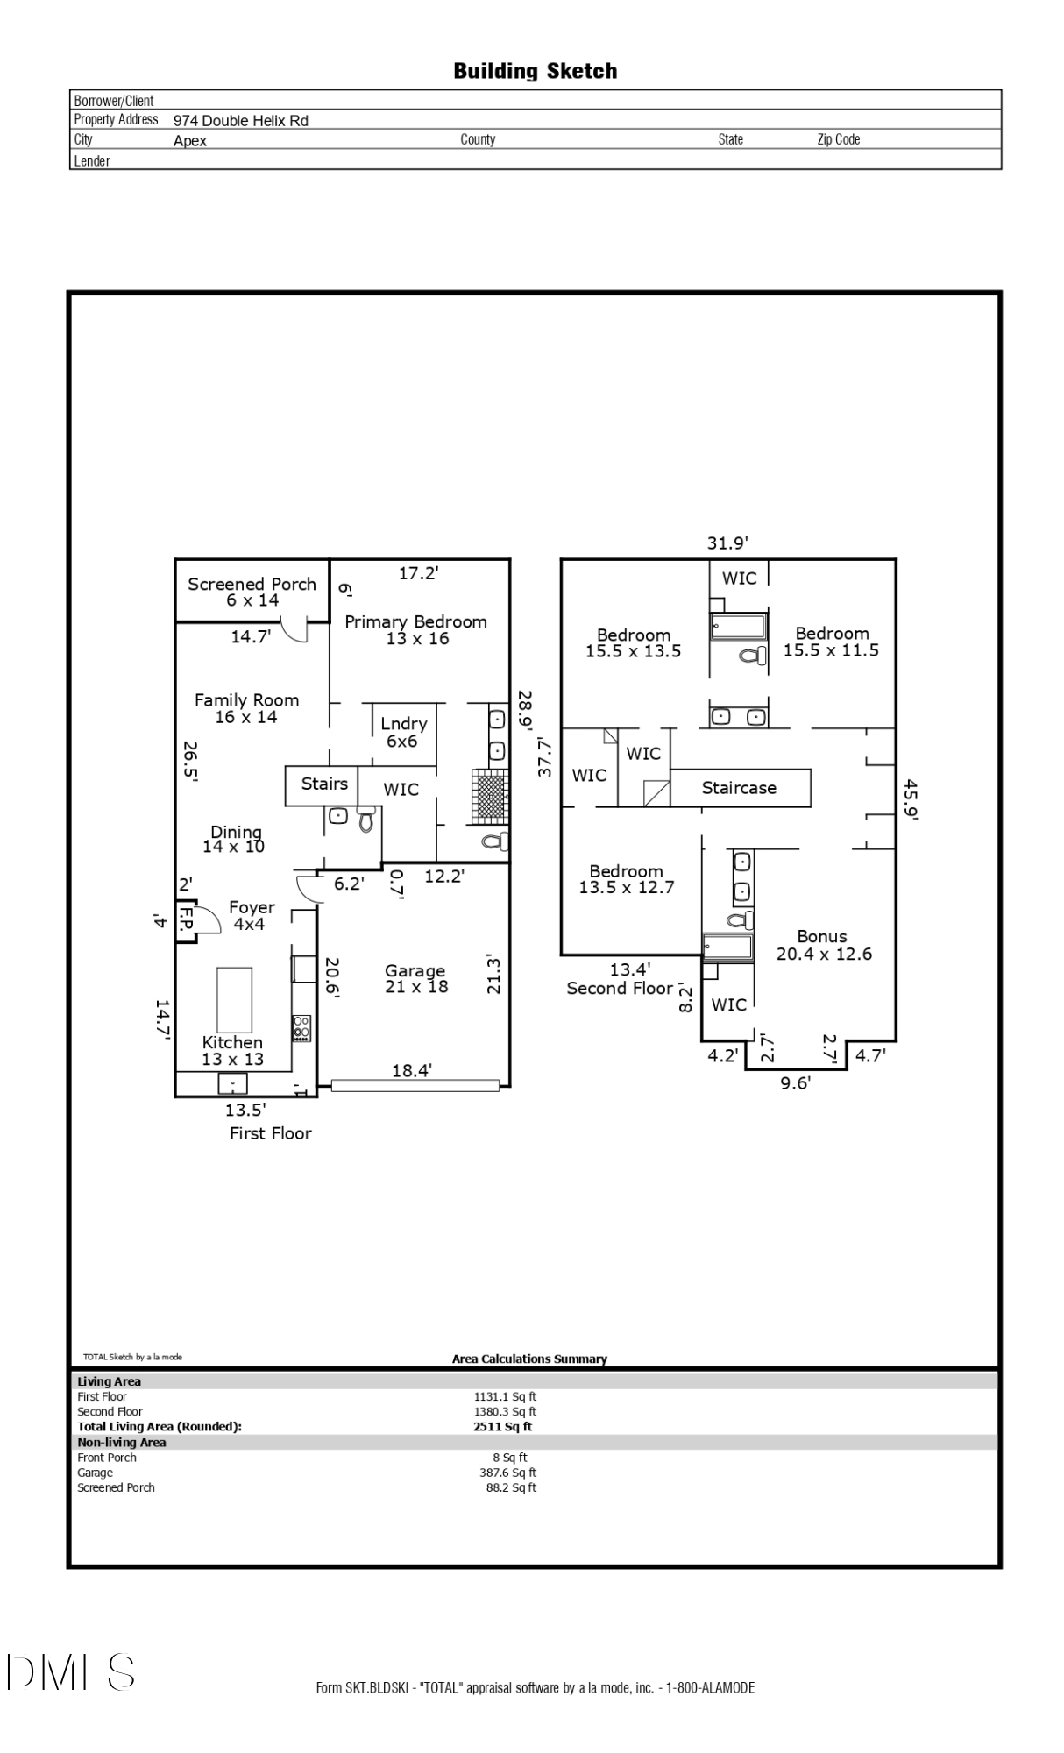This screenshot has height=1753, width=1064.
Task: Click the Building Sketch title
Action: tap(535, 71)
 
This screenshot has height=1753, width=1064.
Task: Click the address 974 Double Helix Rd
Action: tap(241, 121)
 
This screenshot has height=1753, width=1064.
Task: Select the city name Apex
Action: tap(190, 141)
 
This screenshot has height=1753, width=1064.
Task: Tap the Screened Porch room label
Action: tap(252, 592)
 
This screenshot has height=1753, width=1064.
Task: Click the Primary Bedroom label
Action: tap(416, 629)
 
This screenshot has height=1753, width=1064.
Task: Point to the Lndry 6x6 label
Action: tap(403, 732)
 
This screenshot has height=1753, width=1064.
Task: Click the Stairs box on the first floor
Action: tap(323, 784)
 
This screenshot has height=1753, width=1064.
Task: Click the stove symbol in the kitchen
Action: tap(301, 1027)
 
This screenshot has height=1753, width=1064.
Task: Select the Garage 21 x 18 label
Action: tap(415, 978)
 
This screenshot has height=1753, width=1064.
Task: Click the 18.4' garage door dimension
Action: tap(411, 1070)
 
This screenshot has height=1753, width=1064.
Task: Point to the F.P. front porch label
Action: tap(186, 919)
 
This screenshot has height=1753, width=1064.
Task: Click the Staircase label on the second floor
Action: tap(739, 788)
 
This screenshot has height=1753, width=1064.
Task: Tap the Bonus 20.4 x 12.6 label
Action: tap(823, 945)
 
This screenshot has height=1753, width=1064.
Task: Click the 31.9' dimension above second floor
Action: tap(727, 543)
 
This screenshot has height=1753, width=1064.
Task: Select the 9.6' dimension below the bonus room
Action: tap(795, 1083)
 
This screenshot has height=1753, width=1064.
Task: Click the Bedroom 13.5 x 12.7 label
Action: tap(626, 879)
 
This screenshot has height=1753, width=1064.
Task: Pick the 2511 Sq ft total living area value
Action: tap(502, 1426)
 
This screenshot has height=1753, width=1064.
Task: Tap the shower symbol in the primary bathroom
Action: tap(490, 795)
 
